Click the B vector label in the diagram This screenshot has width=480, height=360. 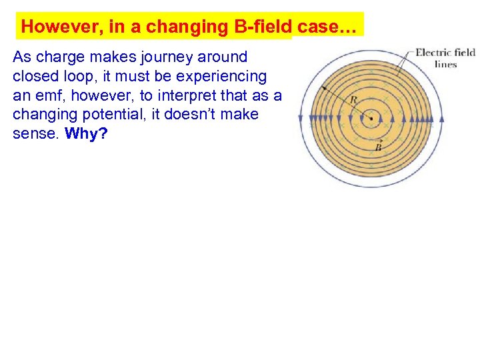[x=378, y=147]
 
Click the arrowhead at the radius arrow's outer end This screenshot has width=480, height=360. [x=324, y=88]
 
